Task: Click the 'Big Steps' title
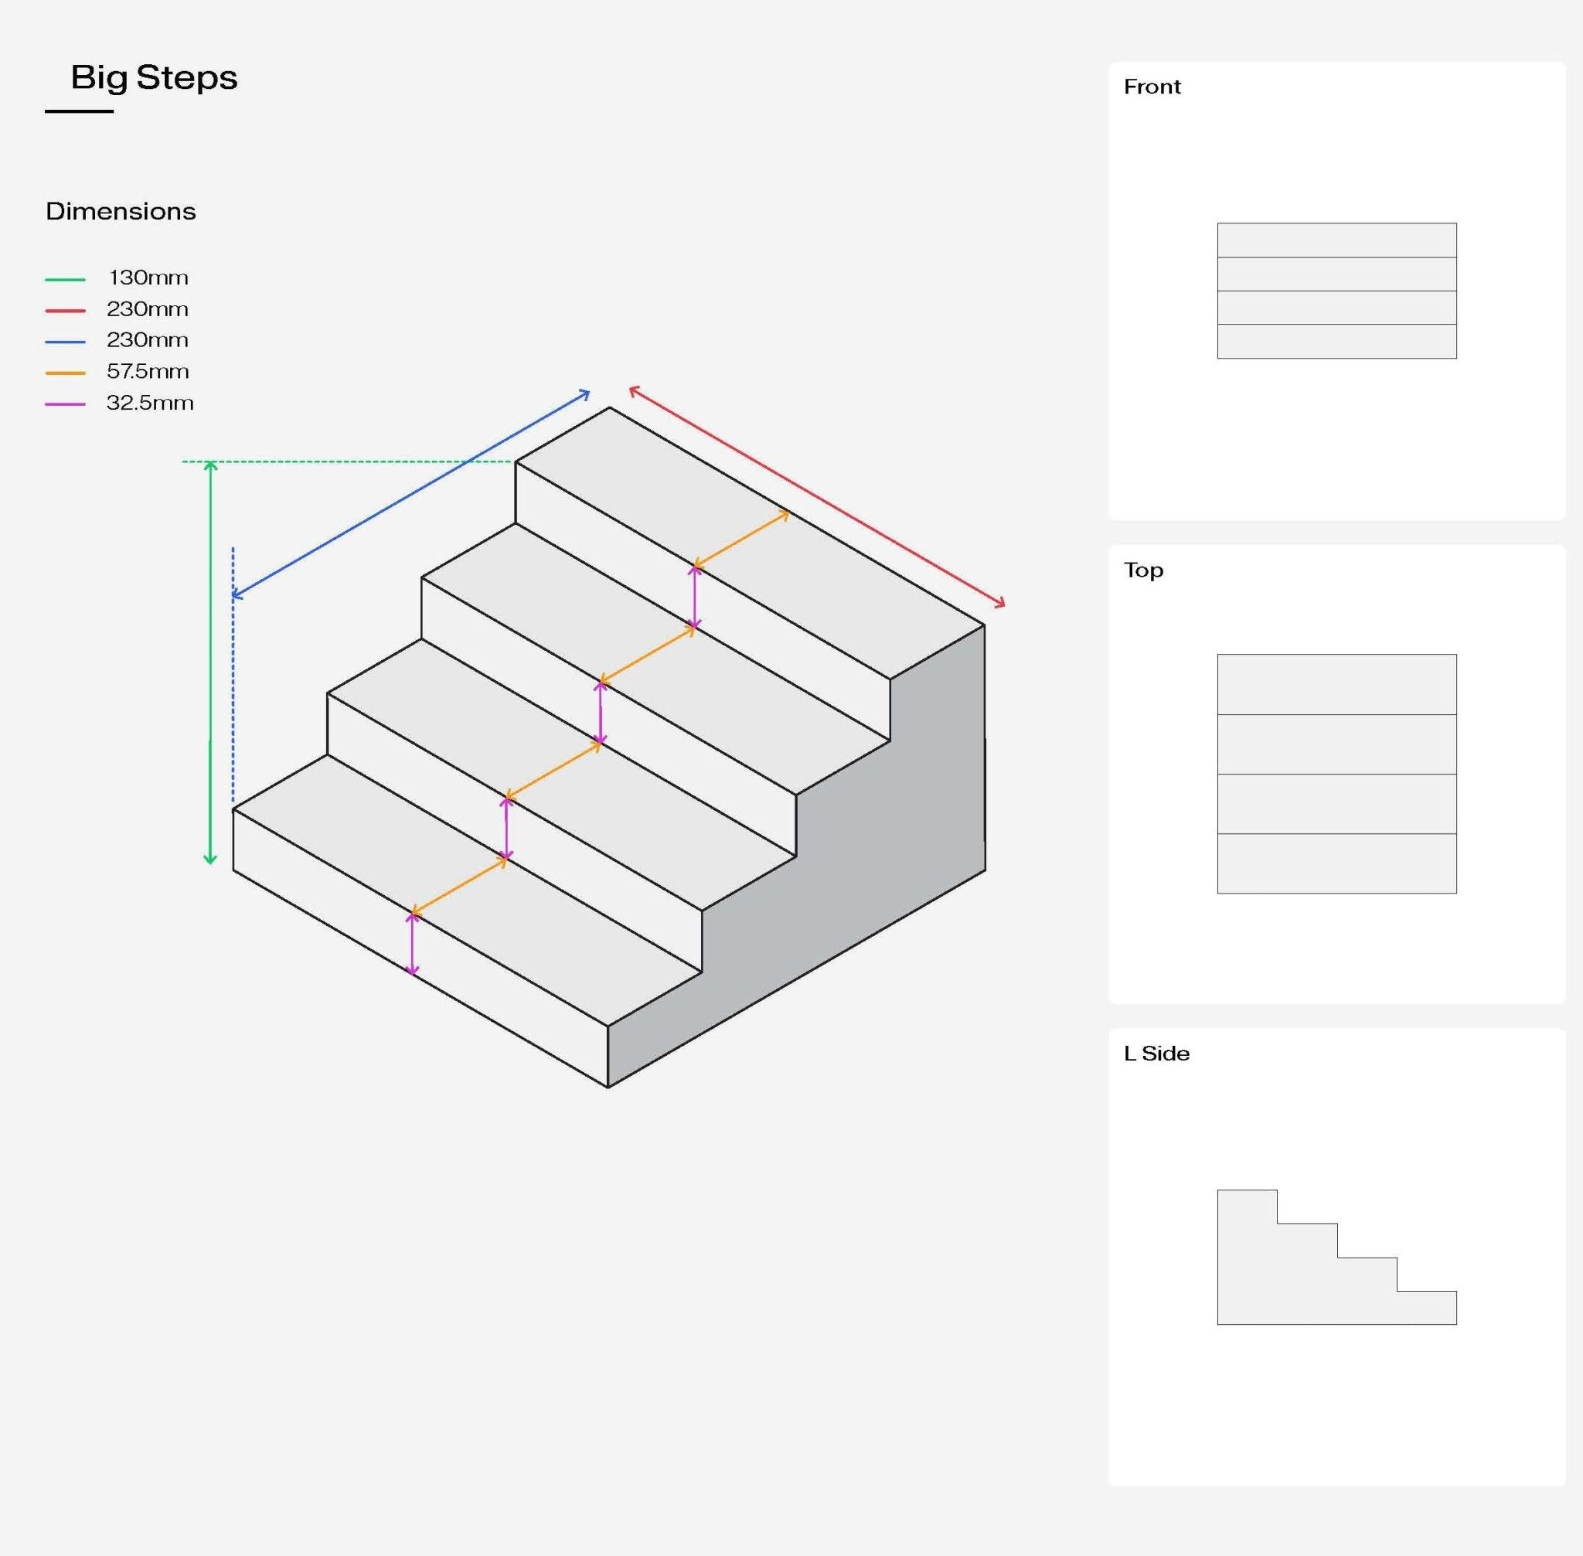pos(154,77)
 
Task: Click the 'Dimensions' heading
pos(120,212)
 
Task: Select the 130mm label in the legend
pos(148,277)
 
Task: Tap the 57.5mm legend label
pos(148,372)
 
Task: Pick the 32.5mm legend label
pos(149,403)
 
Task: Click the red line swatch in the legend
pos(66,311)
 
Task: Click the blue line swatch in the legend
pos(66,342)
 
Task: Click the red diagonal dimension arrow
pos(817,496)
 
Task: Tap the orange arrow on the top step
pos(741,539)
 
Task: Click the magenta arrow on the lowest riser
pos(412,943)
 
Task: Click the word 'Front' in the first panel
pos(1152,87)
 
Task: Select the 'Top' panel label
pos(1142,570)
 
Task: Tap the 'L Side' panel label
pos(1156,1054)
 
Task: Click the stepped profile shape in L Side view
pos(1292,1283)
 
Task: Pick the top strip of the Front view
pos(1336,240)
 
